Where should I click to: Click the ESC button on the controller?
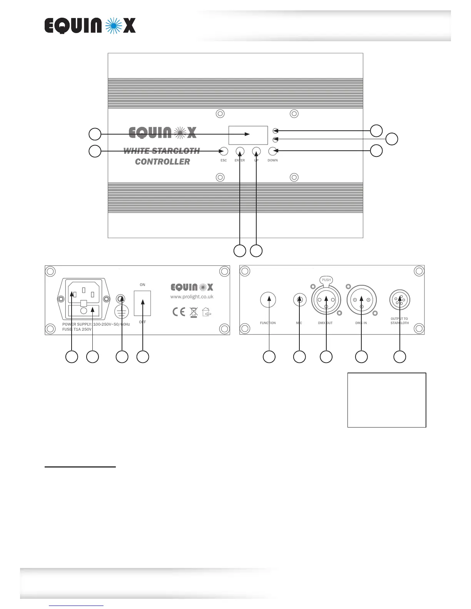coord(224,151)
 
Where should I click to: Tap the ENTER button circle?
coord(240,151)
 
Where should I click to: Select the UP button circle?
coord(256,151)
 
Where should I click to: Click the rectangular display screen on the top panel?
coord(248,135)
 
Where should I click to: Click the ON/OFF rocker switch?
coord(142,303)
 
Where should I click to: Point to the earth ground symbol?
coord(122,313)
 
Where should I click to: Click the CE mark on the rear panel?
coord(179,311)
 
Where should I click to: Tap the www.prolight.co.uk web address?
coord(192,297)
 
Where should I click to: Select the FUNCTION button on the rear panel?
coord(268,300)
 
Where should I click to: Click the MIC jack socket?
coord(299,300)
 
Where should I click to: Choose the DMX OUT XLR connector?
coord(326,300)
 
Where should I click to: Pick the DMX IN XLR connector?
coord(361,300)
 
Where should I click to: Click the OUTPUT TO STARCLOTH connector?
coord(400,300)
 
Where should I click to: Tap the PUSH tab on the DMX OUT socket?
coord(326,280)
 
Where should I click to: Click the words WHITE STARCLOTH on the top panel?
coord(162,151)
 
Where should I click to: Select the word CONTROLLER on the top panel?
coord(162,162)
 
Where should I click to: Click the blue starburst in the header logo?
coord(114,26)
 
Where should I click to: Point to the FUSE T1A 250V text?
coord(77,329)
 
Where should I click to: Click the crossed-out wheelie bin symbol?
coord(194,312)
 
